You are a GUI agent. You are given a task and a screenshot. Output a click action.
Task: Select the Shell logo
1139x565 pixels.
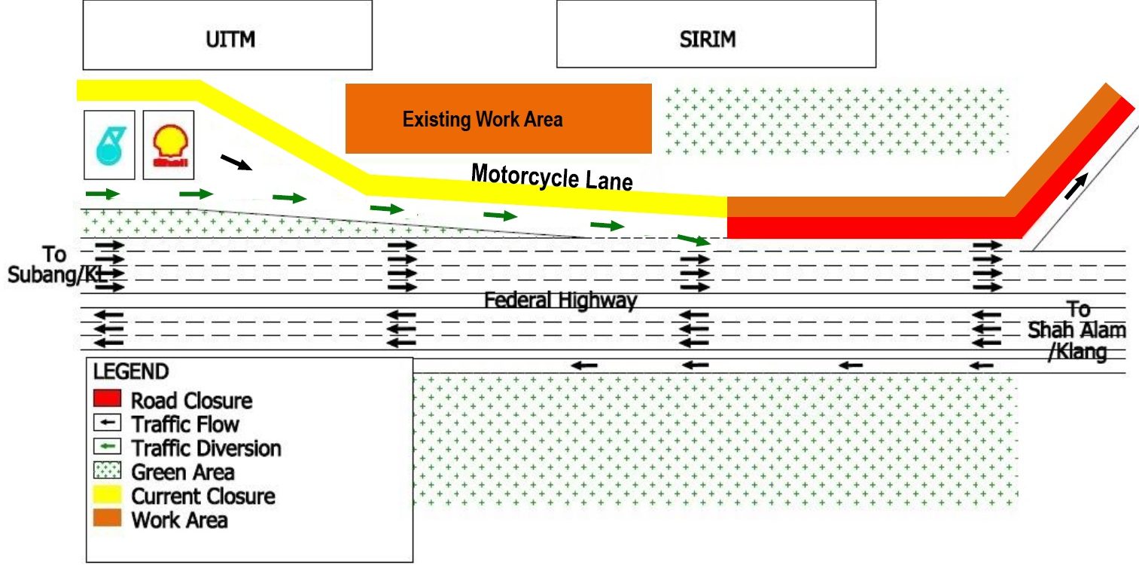pos(168,145)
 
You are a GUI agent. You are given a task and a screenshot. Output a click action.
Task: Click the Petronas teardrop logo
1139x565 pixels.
pos(109,145)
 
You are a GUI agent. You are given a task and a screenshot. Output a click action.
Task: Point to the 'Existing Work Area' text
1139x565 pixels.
pos(482,119)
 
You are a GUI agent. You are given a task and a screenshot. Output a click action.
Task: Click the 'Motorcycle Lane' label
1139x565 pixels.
pos(551,177)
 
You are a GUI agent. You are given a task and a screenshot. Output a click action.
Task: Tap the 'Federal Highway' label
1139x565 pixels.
pos(560,301)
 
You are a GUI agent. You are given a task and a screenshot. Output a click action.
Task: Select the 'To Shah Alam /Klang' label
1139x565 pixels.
pos(1077,331)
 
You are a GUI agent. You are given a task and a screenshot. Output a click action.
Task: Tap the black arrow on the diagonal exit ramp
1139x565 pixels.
pos(1076,185)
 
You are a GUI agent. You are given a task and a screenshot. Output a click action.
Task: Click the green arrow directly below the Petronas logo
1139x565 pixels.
pos(102,194)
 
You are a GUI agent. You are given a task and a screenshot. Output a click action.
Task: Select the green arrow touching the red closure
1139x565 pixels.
pos(693,240)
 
